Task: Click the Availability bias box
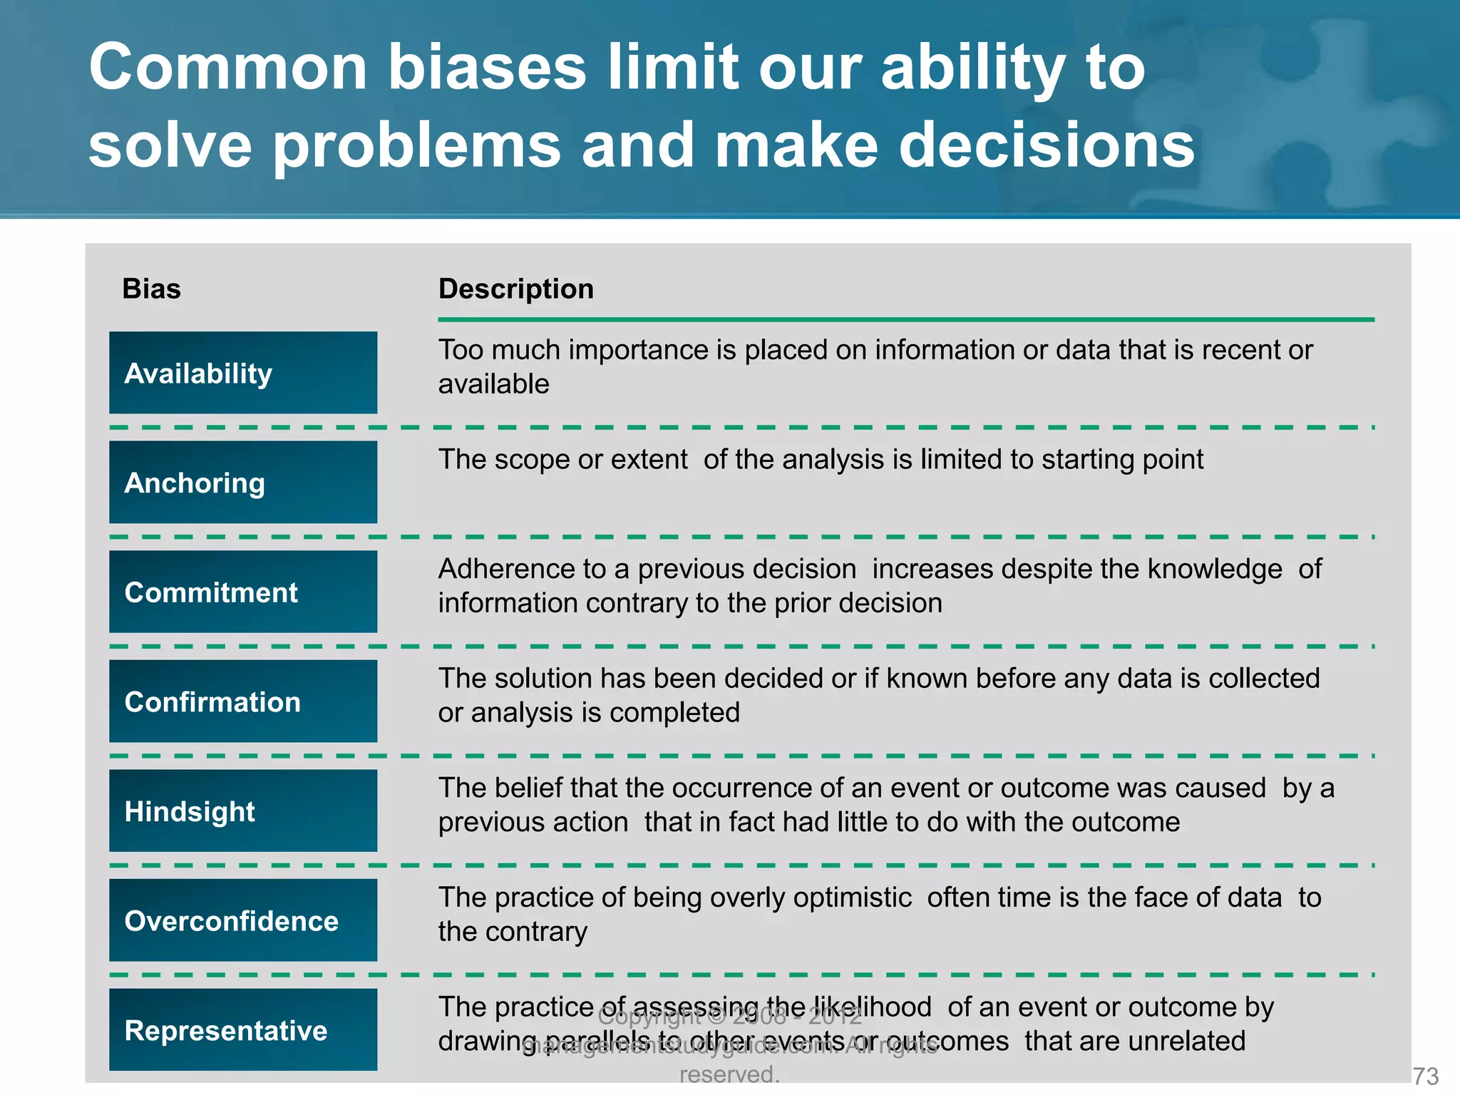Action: (243, 373)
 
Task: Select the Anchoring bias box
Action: (243, 483)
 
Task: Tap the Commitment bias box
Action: (243, 592)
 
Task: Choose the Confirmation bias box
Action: (243, 701)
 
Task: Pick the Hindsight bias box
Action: (243, 811)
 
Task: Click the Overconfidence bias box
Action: (243, 920)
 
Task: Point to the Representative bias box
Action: (243, 1030)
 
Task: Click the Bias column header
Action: (151, 289)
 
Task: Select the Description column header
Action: (516, 289)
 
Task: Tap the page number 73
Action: (1425, 1076)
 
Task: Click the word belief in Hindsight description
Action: (527, 788)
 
